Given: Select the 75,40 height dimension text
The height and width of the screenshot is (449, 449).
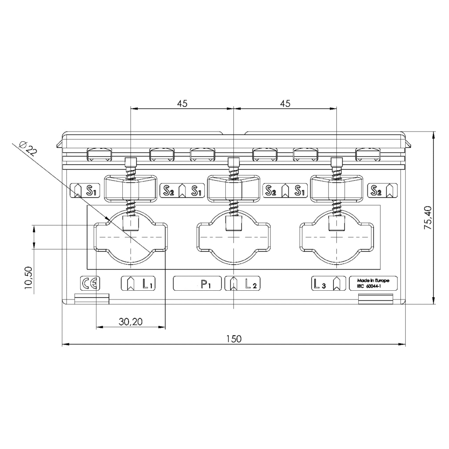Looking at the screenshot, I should click(x=428, y=218).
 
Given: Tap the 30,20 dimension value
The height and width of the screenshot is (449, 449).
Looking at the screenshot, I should click(x=130, y=322).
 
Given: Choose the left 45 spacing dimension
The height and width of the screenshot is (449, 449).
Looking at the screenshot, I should click(x=182, y=103).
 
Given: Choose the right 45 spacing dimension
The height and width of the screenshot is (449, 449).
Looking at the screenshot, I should click(x=285, y=103).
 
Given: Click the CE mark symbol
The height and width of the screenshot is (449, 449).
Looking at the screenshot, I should click(x=90, y=284).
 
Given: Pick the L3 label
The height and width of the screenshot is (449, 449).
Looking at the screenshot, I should click(x=320, y=284).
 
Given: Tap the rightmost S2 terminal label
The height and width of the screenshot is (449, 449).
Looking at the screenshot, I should click(x=376, y=190).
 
